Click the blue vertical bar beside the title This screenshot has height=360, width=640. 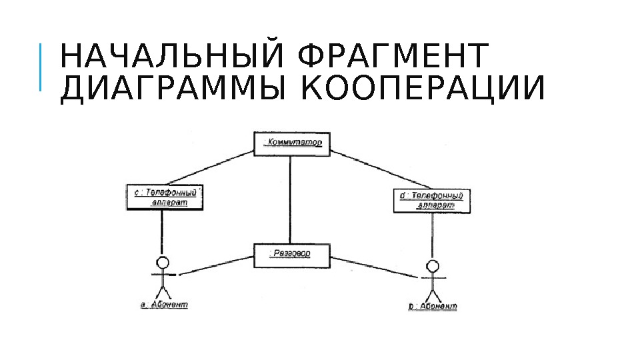pos(40,67)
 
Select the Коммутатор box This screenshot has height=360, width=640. pos(291,143)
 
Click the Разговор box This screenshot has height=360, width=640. pos(291,255)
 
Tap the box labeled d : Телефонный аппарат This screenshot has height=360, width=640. pos(432,200)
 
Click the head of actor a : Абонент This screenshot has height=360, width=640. pos(162,262)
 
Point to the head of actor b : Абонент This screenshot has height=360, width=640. pos(433,267)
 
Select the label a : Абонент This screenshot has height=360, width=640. pos(164,305)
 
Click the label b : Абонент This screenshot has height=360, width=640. pos(433,307)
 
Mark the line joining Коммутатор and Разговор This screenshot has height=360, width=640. pos(289,200)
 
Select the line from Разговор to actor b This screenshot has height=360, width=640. pos(377,267)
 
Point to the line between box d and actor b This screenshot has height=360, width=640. pos(433,237)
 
